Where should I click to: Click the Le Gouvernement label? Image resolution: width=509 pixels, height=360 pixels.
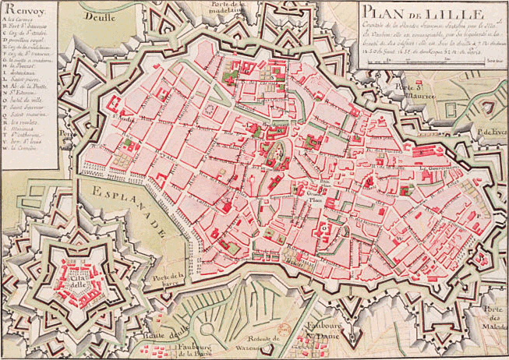[436, 167]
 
